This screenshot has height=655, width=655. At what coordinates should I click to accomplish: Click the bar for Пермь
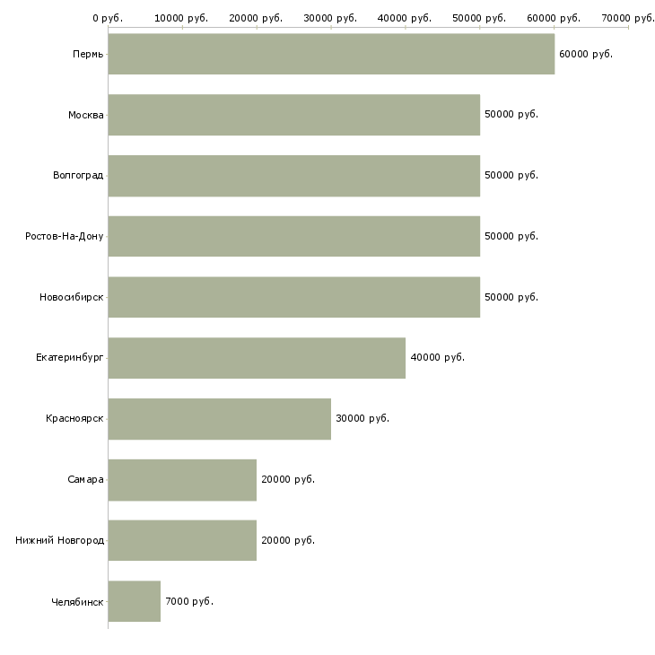pos(331,54)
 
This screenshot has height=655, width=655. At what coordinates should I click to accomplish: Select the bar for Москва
pos(293,115)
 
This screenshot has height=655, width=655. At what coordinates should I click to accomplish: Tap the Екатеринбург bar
pos(257,358)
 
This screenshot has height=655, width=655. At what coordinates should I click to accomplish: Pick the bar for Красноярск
pos(219,419)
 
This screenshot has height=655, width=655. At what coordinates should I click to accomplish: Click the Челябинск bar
pos(135,601)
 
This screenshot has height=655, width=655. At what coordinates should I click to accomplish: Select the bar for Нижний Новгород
pos(182,540)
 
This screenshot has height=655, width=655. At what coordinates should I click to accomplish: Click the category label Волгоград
pos(78,176)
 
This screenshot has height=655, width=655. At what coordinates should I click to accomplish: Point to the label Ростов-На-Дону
pos(65,237)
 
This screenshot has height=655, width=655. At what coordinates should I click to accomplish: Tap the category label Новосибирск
pos(72,297)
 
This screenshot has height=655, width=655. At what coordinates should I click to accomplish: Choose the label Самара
pos(85,480)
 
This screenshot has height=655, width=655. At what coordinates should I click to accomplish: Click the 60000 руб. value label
pos(585,55)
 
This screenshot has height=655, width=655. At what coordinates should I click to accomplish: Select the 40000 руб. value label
pos(437,358)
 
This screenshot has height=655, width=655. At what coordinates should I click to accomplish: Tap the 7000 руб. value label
pos(188,601)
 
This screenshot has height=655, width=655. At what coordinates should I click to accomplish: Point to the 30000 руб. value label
pos(362,419)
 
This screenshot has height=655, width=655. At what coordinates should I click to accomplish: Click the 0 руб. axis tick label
pos(108,18)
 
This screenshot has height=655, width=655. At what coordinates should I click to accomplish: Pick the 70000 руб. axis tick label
pos(628,18)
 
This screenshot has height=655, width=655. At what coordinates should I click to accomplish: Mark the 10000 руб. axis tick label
pos(182,18)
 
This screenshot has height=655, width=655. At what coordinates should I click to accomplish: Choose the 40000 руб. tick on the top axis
pos(406,18)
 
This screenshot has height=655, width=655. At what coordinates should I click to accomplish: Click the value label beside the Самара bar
pos(287,480)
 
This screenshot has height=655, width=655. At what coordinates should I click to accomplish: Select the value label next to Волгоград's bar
pos(511,176)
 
